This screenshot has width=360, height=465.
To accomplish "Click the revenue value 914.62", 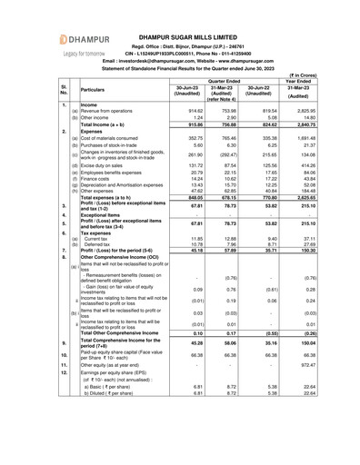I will click(189, 110).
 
